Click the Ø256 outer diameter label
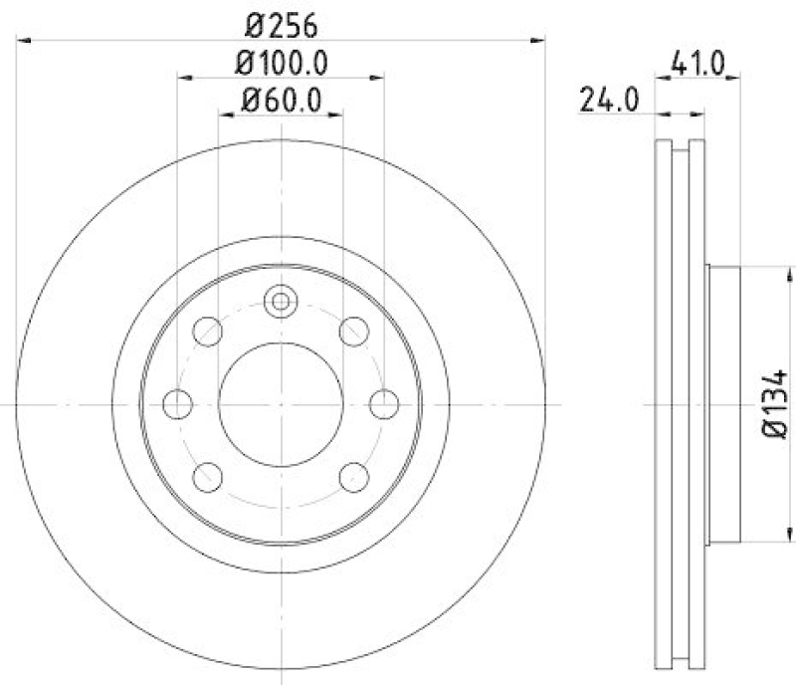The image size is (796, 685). coord(281,21)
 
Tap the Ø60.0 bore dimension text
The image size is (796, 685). coord(281,100)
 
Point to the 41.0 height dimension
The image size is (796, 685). coord(696,63)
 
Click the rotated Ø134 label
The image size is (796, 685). coord(777,404)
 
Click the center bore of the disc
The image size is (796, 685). coord(281,403)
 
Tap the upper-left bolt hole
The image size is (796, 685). coord(208,331)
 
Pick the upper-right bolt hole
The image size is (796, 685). coord(353,331)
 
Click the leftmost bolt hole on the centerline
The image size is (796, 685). coord(177,403)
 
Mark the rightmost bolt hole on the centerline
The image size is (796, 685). coord(384,403)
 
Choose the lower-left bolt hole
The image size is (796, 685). coord(208,476)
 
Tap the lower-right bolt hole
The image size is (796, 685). coord(353,476)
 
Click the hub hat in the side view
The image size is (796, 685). coord(723,404)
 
